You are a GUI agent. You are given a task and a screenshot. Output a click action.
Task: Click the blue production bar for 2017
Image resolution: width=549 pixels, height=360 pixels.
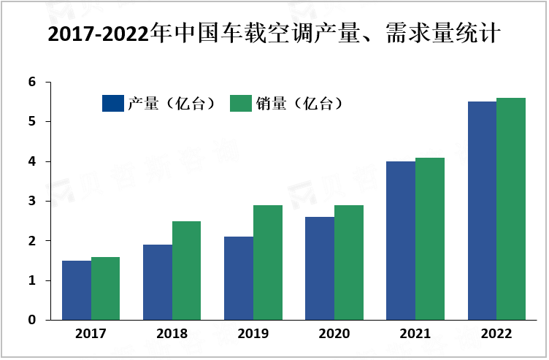[77, 290]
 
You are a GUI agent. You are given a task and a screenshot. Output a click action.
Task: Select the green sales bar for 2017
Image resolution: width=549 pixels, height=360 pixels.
[106, 288]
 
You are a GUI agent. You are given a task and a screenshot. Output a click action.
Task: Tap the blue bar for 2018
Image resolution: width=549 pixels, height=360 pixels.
[158, 282]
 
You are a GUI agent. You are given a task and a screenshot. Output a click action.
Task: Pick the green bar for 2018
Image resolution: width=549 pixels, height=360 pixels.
[187, 270]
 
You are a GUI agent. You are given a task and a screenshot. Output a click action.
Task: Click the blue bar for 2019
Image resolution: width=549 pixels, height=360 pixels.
[239, 278]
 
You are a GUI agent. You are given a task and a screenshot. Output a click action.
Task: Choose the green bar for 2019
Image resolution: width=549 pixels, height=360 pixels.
[268, 262]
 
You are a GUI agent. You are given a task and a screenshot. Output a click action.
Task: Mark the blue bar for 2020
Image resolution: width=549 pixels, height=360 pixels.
[320, 268]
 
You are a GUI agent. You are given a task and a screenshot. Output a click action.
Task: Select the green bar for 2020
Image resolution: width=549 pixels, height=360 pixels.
[349, 262]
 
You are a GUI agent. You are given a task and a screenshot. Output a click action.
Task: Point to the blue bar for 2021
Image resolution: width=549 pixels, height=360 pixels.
[401, 240]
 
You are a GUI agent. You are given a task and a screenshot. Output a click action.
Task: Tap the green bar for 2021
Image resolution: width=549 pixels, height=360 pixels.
[430, 239]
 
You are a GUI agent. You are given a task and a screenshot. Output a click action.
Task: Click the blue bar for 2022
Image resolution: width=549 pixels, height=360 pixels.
[482, 210]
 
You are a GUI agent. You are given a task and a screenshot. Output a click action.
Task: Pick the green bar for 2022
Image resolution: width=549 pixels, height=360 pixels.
[511, 209]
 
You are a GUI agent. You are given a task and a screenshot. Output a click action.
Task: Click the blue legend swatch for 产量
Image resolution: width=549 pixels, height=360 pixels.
[113, 104]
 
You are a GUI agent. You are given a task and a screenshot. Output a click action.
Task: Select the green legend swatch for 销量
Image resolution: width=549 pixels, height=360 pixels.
[241, 104]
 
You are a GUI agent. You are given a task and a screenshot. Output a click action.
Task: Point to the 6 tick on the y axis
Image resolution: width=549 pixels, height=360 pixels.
[33, 82]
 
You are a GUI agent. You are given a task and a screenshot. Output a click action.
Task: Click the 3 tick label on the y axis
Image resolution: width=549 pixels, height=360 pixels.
[33, 201]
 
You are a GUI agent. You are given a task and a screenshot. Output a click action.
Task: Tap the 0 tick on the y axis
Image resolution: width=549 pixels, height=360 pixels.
[33, 320]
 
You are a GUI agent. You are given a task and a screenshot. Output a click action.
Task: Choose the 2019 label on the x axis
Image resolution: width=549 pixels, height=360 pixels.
[253, 334]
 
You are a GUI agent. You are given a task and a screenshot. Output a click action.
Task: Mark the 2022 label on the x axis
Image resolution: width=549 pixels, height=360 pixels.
[496, 334]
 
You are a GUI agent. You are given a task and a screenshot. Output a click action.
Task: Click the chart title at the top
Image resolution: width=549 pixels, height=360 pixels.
[274, 34]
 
